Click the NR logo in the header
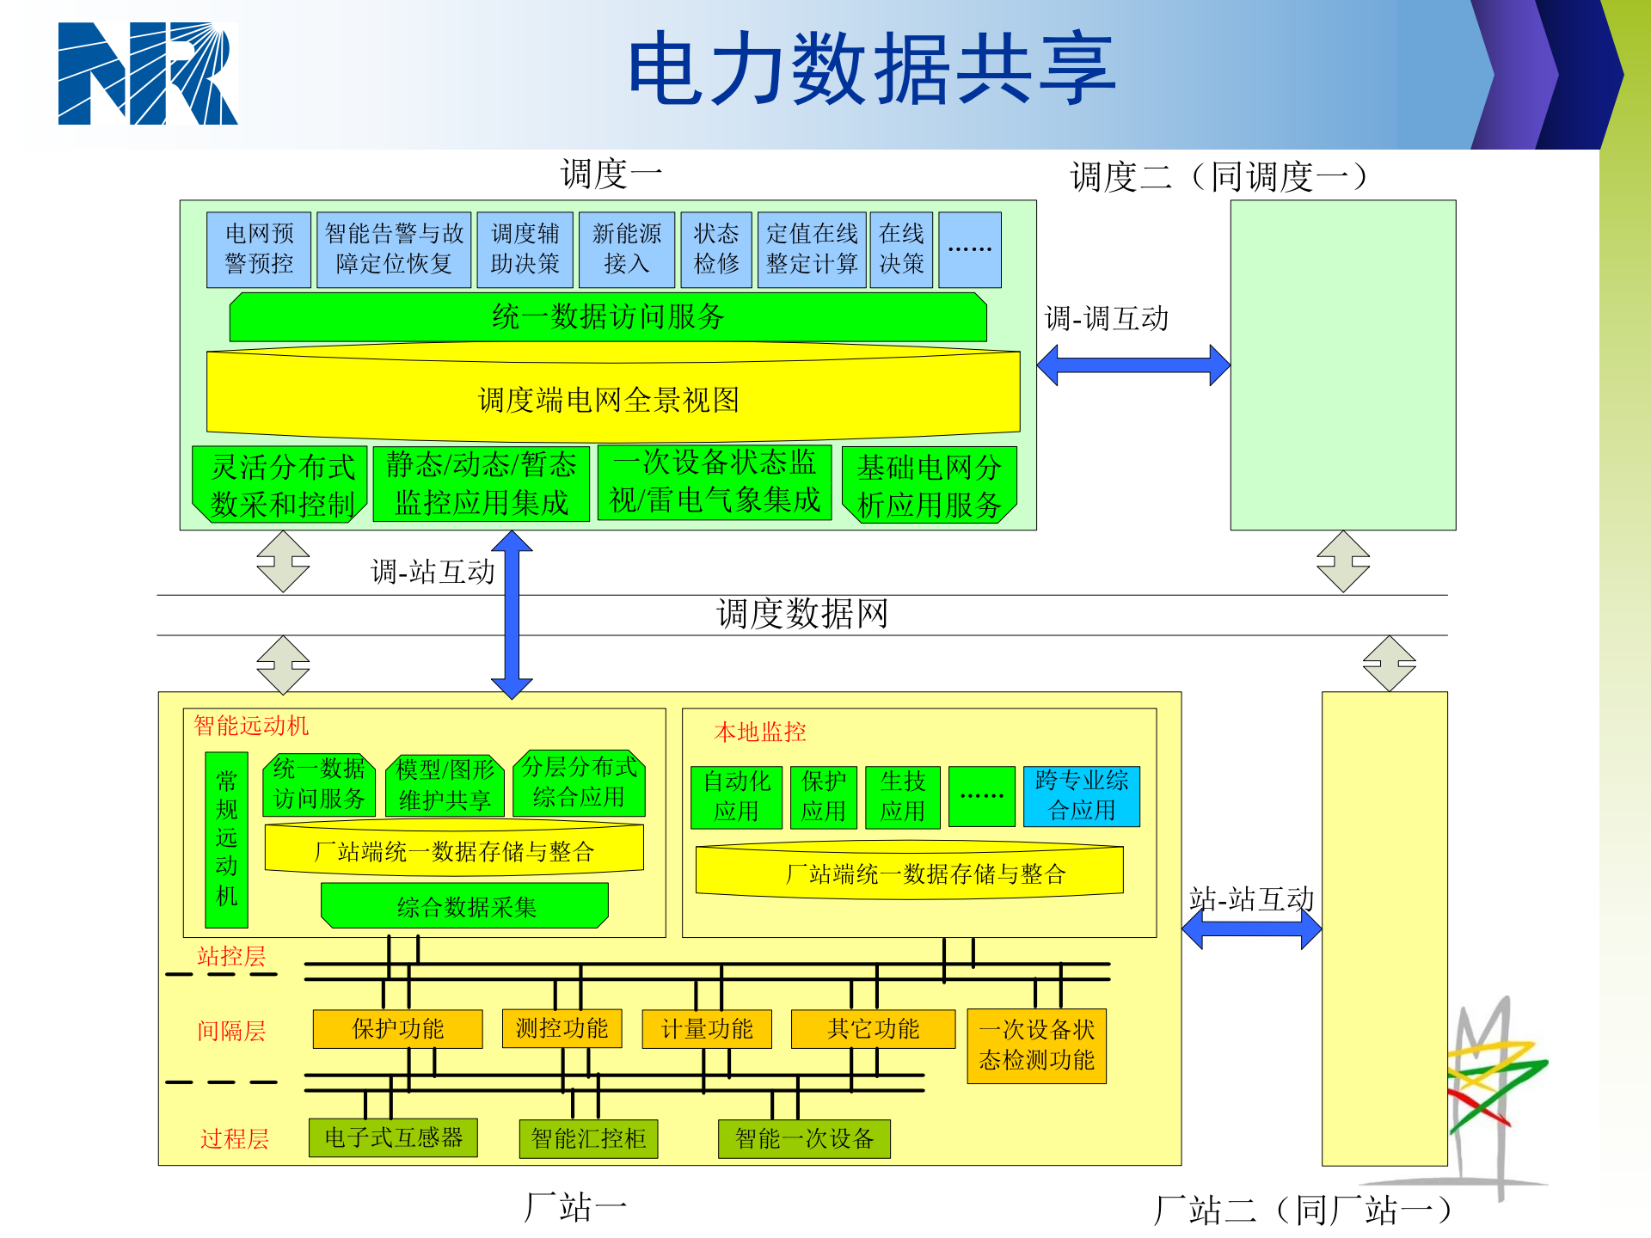point(147,74)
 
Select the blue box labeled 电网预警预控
point(259,249)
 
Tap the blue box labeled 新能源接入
point(626,249)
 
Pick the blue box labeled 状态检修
point(715,249)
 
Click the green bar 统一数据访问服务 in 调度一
point(608,317)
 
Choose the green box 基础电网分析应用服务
point(929,485)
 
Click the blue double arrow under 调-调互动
point(1133,365)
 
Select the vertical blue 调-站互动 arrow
point(512,615)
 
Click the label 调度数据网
point(801,615)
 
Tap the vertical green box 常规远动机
point(226,839)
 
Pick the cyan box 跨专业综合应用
point(1081,796)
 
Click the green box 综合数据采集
point(465,906)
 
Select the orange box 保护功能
point(397,1029)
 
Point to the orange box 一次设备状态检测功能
point(1036,1045)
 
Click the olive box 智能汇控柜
point(588,1139)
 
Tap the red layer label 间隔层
point(230,1031)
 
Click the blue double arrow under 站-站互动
point(1251,929)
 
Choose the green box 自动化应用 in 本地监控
point(736,797)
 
